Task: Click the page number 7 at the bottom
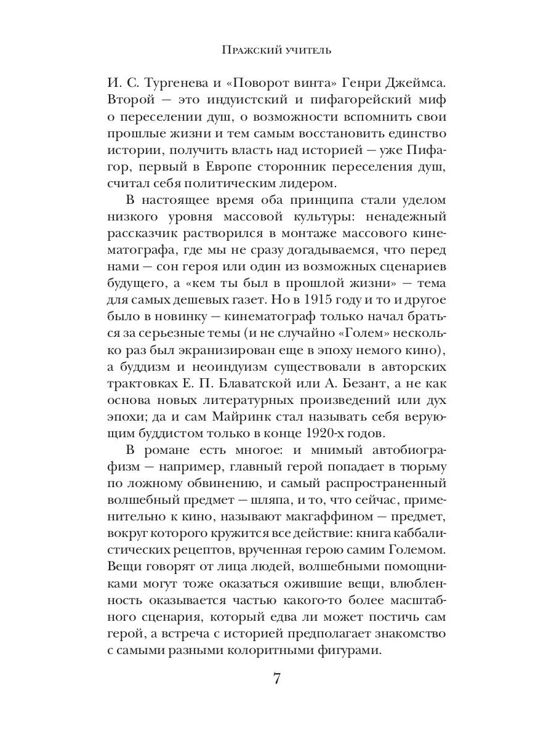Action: [x=276, y=679]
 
